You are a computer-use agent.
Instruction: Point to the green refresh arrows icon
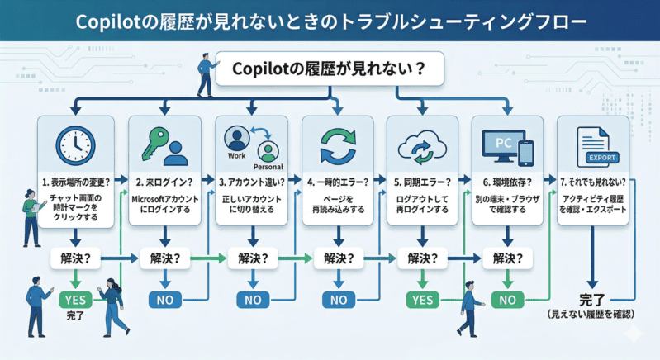pos(337,146)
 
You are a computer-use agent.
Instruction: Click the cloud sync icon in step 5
pos(422,147)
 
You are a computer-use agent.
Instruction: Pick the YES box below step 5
pos(422,299)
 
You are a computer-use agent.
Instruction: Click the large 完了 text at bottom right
pos(592,300)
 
